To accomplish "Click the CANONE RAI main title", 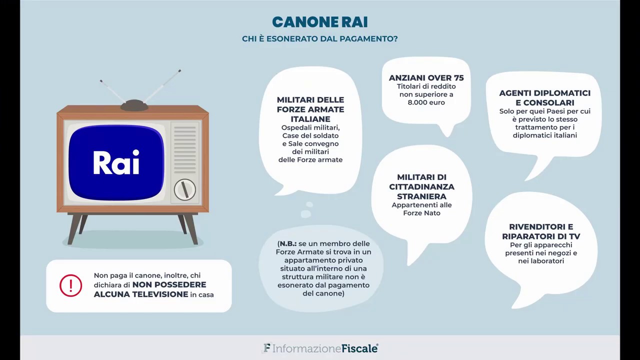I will [x=319, y=22].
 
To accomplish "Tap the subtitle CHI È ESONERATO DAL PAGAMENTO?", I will [x=319, y=39].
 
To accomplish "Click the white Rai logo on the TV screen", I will [x=116, y=162].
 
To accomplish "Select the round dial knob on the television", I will [x=184, y=189].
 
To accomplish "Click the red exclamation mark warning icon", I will [x=70, y=285].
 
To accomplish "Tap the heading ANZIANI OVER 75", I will [x=426, y=78].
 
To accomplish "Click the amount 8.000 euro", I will [x=426, y=102].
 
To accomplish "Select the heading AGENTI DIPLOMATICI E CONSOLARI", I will [x=544, y=98].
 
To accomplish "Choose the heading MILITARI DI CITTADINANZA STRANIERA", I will [x=421, y=187].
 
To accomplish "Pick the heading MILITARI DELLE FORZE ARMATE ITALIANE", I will [x=310, y=109].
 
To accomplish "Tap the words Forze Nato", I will [x=421, y=213].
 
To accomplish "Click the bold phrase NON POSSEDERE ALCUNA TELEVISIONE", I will [x=150, y=289].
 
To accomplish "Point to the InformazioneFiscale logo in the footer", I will [x=320, y=348].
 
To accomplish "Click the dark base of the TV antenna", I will [x=134, y=105].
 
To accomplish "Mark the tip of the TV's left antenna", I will [x=101, y=81].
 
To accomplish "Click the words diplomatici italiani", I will [x=544, y=135].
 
